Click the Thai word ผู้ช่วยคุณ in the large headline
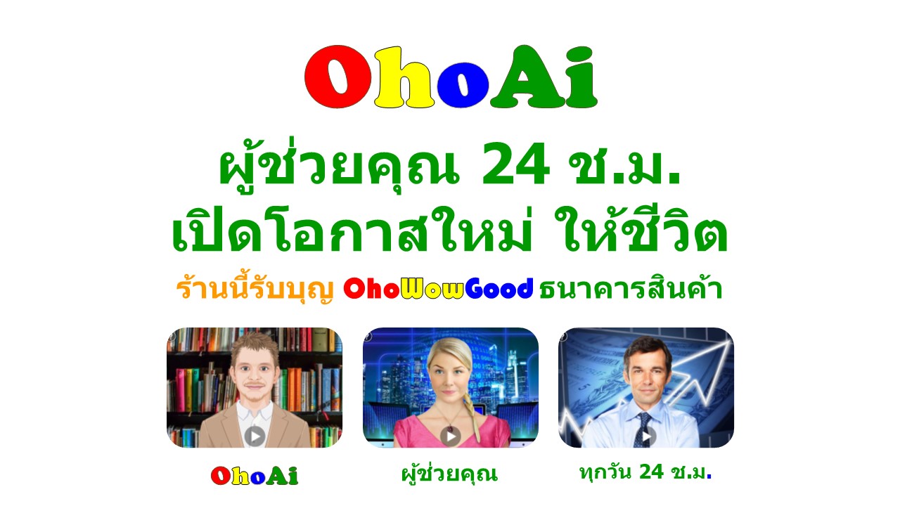pos(339,165)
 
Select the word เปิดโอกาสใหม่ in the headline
pos(352,229)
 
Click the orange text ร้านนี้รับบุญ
pos(255,288)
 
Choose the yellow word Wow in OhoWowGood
pos(432,288)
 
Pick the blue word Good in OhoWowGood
pos(499,288)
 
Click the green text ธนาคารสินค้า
pos(631,287)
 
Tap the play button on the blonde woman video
pos(450,436)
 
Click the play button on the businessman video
pos(646,436)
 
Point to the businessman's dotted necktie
pos(642,429)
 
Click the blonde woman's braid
pos(470,414)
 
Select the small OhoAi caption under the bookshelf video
pos(255,476)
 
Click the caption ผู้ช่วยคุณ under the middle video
pos(449,474)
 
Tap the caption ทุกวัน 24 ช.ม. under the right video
pos(645,472)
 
